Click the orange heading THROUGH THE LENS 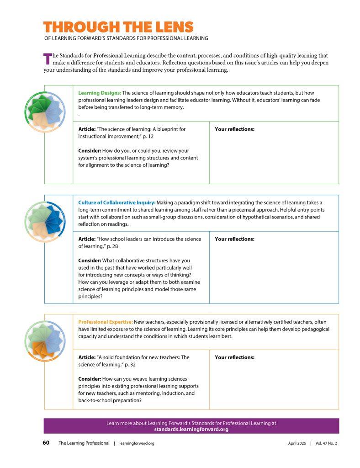coord(118,27)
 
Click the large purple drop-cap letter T coord(47,59)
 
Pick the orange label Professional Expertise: coord(106,322)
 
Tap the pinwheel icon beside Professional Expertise coord(44,340)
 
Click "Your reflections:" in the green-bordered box coord(234,129)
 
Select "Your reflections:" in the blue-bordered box coord(234,239)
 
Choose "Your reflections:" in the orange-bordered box coord(234,357)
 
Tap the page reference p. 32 coord(129,365)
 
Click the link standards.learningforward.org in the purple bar coord(191,430)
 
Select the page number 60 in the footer coord(46,443)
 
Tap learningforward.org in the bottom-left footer coord(137,443)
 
